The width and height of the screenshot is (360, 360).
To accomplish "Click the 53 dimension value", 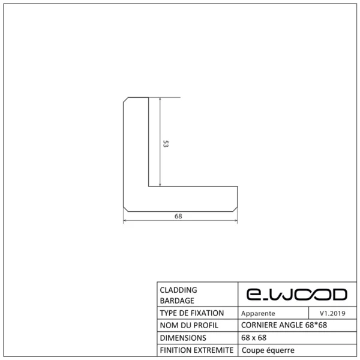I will point(166,143).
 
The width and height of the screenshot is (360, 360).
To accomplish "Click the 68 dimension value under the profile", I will point(178,216).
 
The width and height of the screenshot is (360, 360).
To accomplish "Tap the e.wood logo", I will point(296,294).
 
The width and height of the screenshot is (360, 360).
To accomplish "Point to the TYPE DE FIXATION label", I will point(192,313).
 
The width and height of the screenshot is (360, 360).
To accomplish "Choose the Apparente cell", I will point(258,313).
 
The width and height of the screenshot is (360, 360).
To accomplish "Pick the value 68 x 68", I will point(254,338).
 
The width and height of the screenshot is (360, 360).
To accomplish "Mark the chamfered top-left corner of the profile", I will point(126,100).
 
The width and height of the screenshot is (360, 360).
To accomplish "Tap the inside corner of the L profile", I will point(149,187).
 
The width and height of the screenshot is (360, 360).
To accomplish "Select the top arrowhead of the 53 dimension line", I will point(160,100).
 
